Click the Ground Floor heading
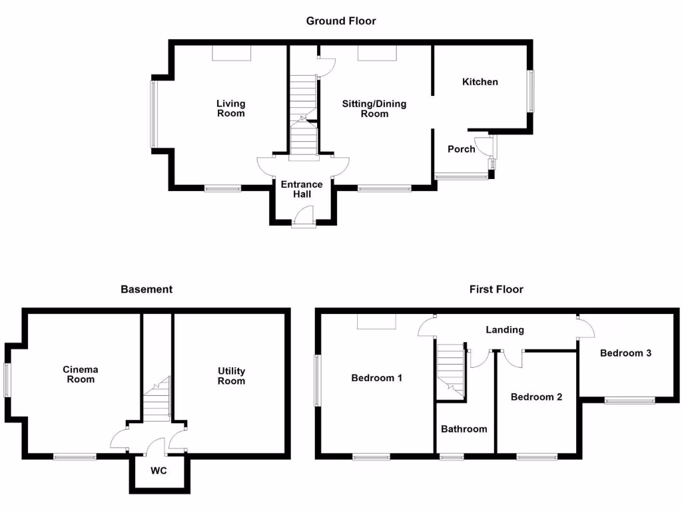[x=341, y=21]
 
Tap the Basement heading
[x=147, y=289]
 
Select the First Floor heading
[x=496, y=289]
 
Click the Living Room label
[x=231, y=108]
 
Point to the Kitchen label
[x=480, y=82]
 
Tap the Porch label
[x=461, y=149]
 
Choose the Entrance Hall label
[x=301, y=189]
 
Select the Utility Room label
[x=231, y=376]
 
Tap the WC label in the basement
[x=159, y=470]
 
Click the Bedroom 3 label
[x=625, y=353]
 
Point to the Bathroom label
[x=464, y=429]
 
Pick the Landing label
[x=504, y=330]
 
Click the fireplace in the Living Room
[x=231, y=53]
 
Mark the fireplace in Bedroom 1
[x=377, y=321]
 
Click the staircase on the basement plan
[x=157, y=399]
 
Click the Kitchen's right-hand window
[x=531, y=91]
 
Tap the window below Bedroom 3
[x=629, y=401]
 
